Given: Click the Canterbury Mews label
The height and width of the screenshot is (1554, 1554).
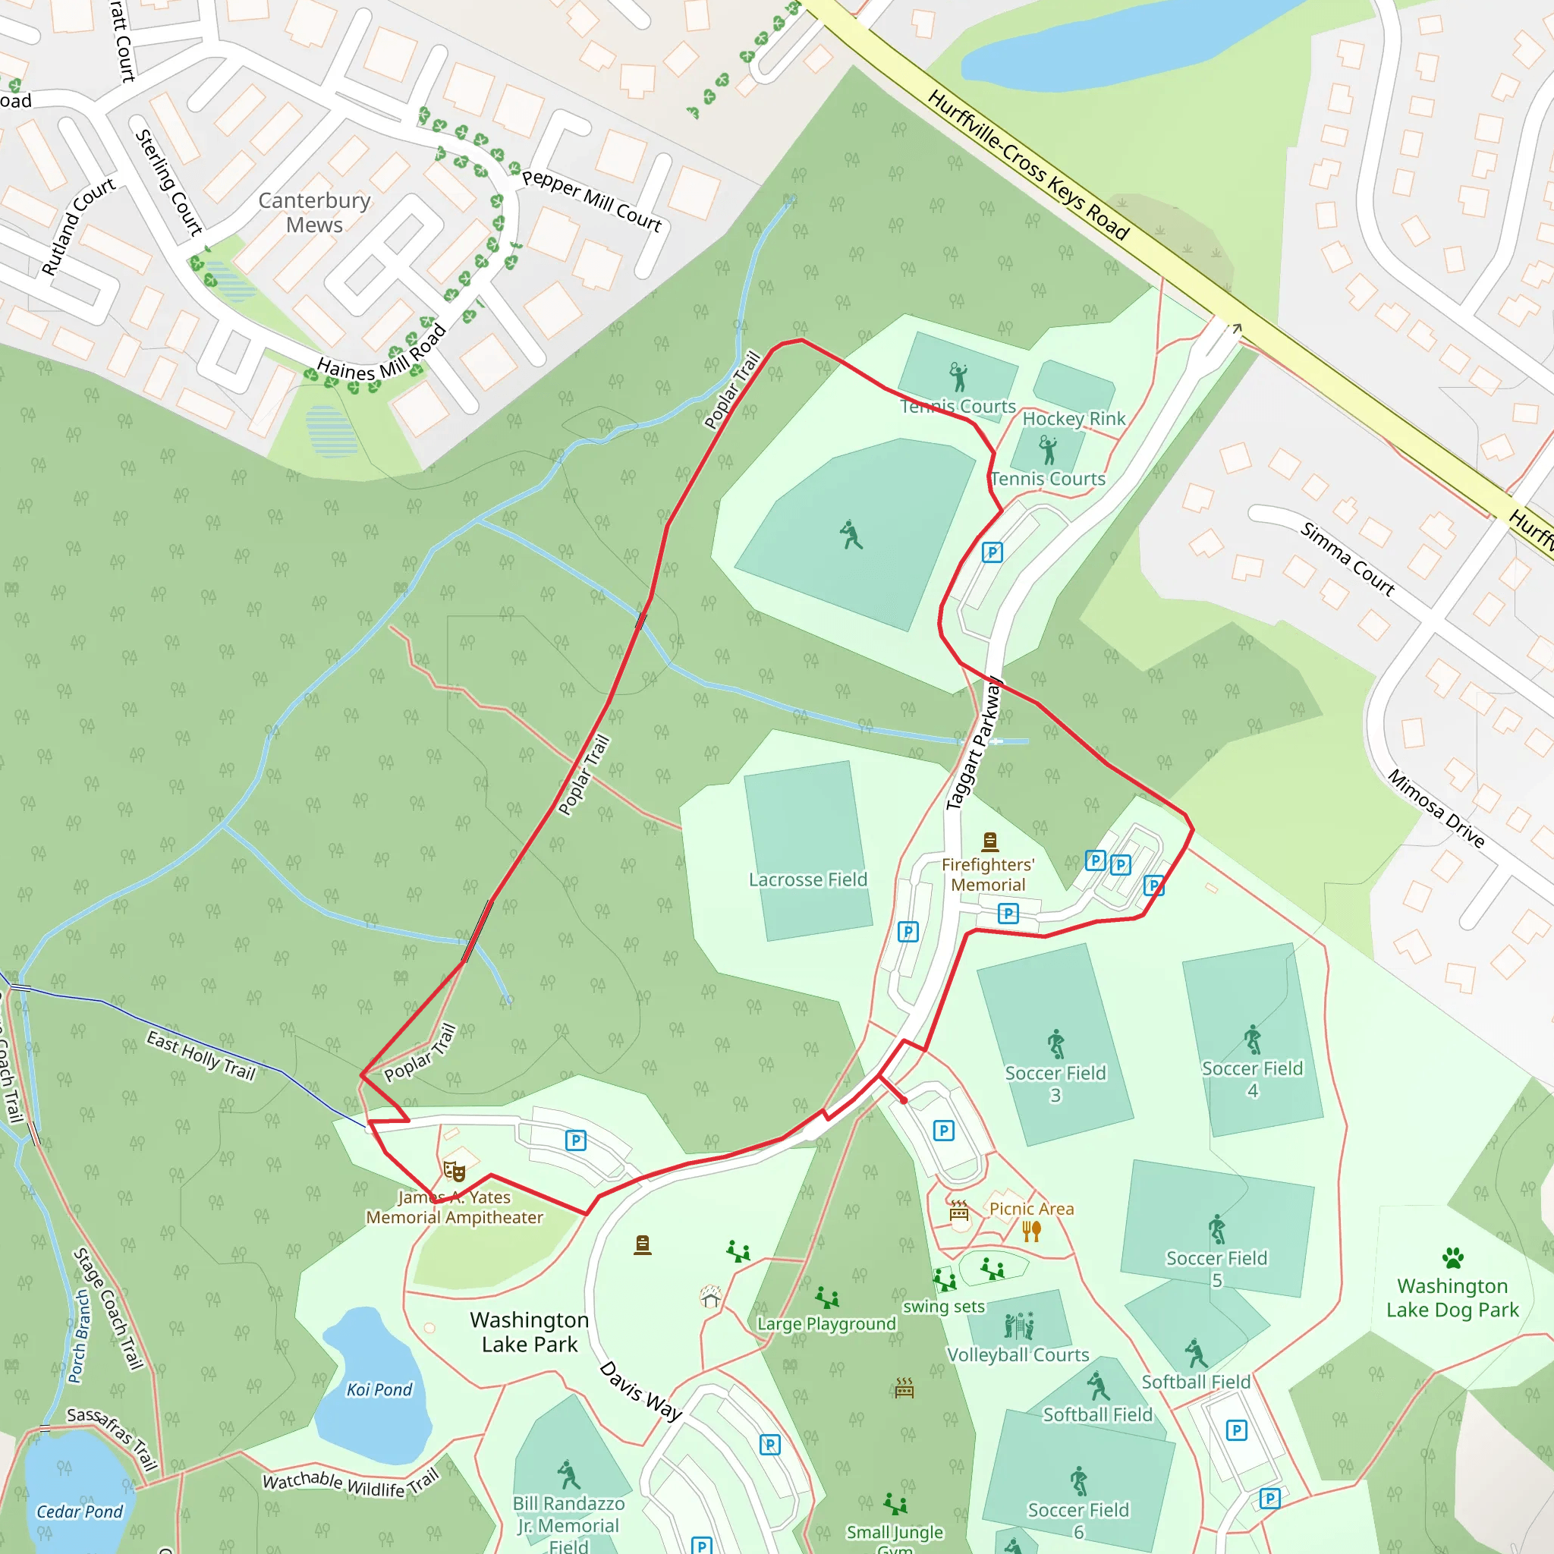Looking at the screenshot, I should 313,212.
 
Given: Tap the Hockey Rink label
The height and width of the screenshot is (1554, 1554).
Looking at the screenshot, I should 1074,418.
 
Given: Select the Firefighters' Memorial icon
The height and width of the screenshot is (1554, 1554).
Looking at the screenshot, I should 990,841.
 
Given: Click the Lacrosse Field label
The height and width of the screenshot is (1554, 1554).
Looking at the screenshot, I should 807,879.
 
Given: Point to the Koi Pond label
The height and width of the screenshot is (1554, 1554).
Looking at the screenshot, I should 379,1390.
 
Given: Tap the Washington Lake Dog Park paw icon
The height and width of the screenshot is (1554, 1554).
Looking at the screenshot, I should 1452,1258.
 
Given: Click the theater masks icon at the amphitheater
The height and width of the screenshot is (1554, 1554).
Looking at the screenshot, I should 455,1170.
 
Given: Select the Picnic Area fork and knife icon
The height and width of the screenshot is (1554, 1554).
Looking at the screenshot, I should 1032,1231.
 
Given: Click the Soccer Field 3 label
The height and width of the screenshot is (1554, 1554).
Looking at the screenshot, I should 1055,1084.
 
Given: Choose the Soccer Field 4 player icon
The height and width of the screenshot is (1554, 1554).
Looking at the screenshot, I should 1252,1040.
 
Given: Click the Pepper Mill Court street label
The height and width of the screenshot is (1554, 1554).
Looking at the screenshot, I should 591,200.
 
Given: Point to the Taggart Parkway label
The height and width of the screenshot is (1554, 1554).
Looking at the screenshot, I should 974,744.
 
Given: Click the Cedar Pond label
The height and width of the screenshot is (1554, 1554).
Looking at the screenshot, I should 80,1512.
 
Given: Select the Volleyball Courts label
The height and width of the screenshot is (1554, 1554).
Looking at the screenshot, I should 1018,1355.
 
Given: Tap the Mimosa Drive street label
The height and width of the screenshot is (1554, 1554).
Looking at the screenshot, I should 1436,808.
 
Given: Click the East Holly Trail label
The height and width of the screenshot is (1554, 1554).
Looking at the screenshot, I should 201,1056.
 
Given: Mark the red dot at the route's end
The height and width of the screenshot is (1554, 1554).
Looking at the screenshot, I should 904,1100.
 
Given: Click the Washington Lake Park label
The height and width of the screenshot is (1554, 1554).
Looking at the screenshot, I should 530,1332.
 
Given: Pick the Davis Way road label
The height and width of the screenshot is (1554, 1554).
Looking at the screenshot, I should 641,1391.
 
